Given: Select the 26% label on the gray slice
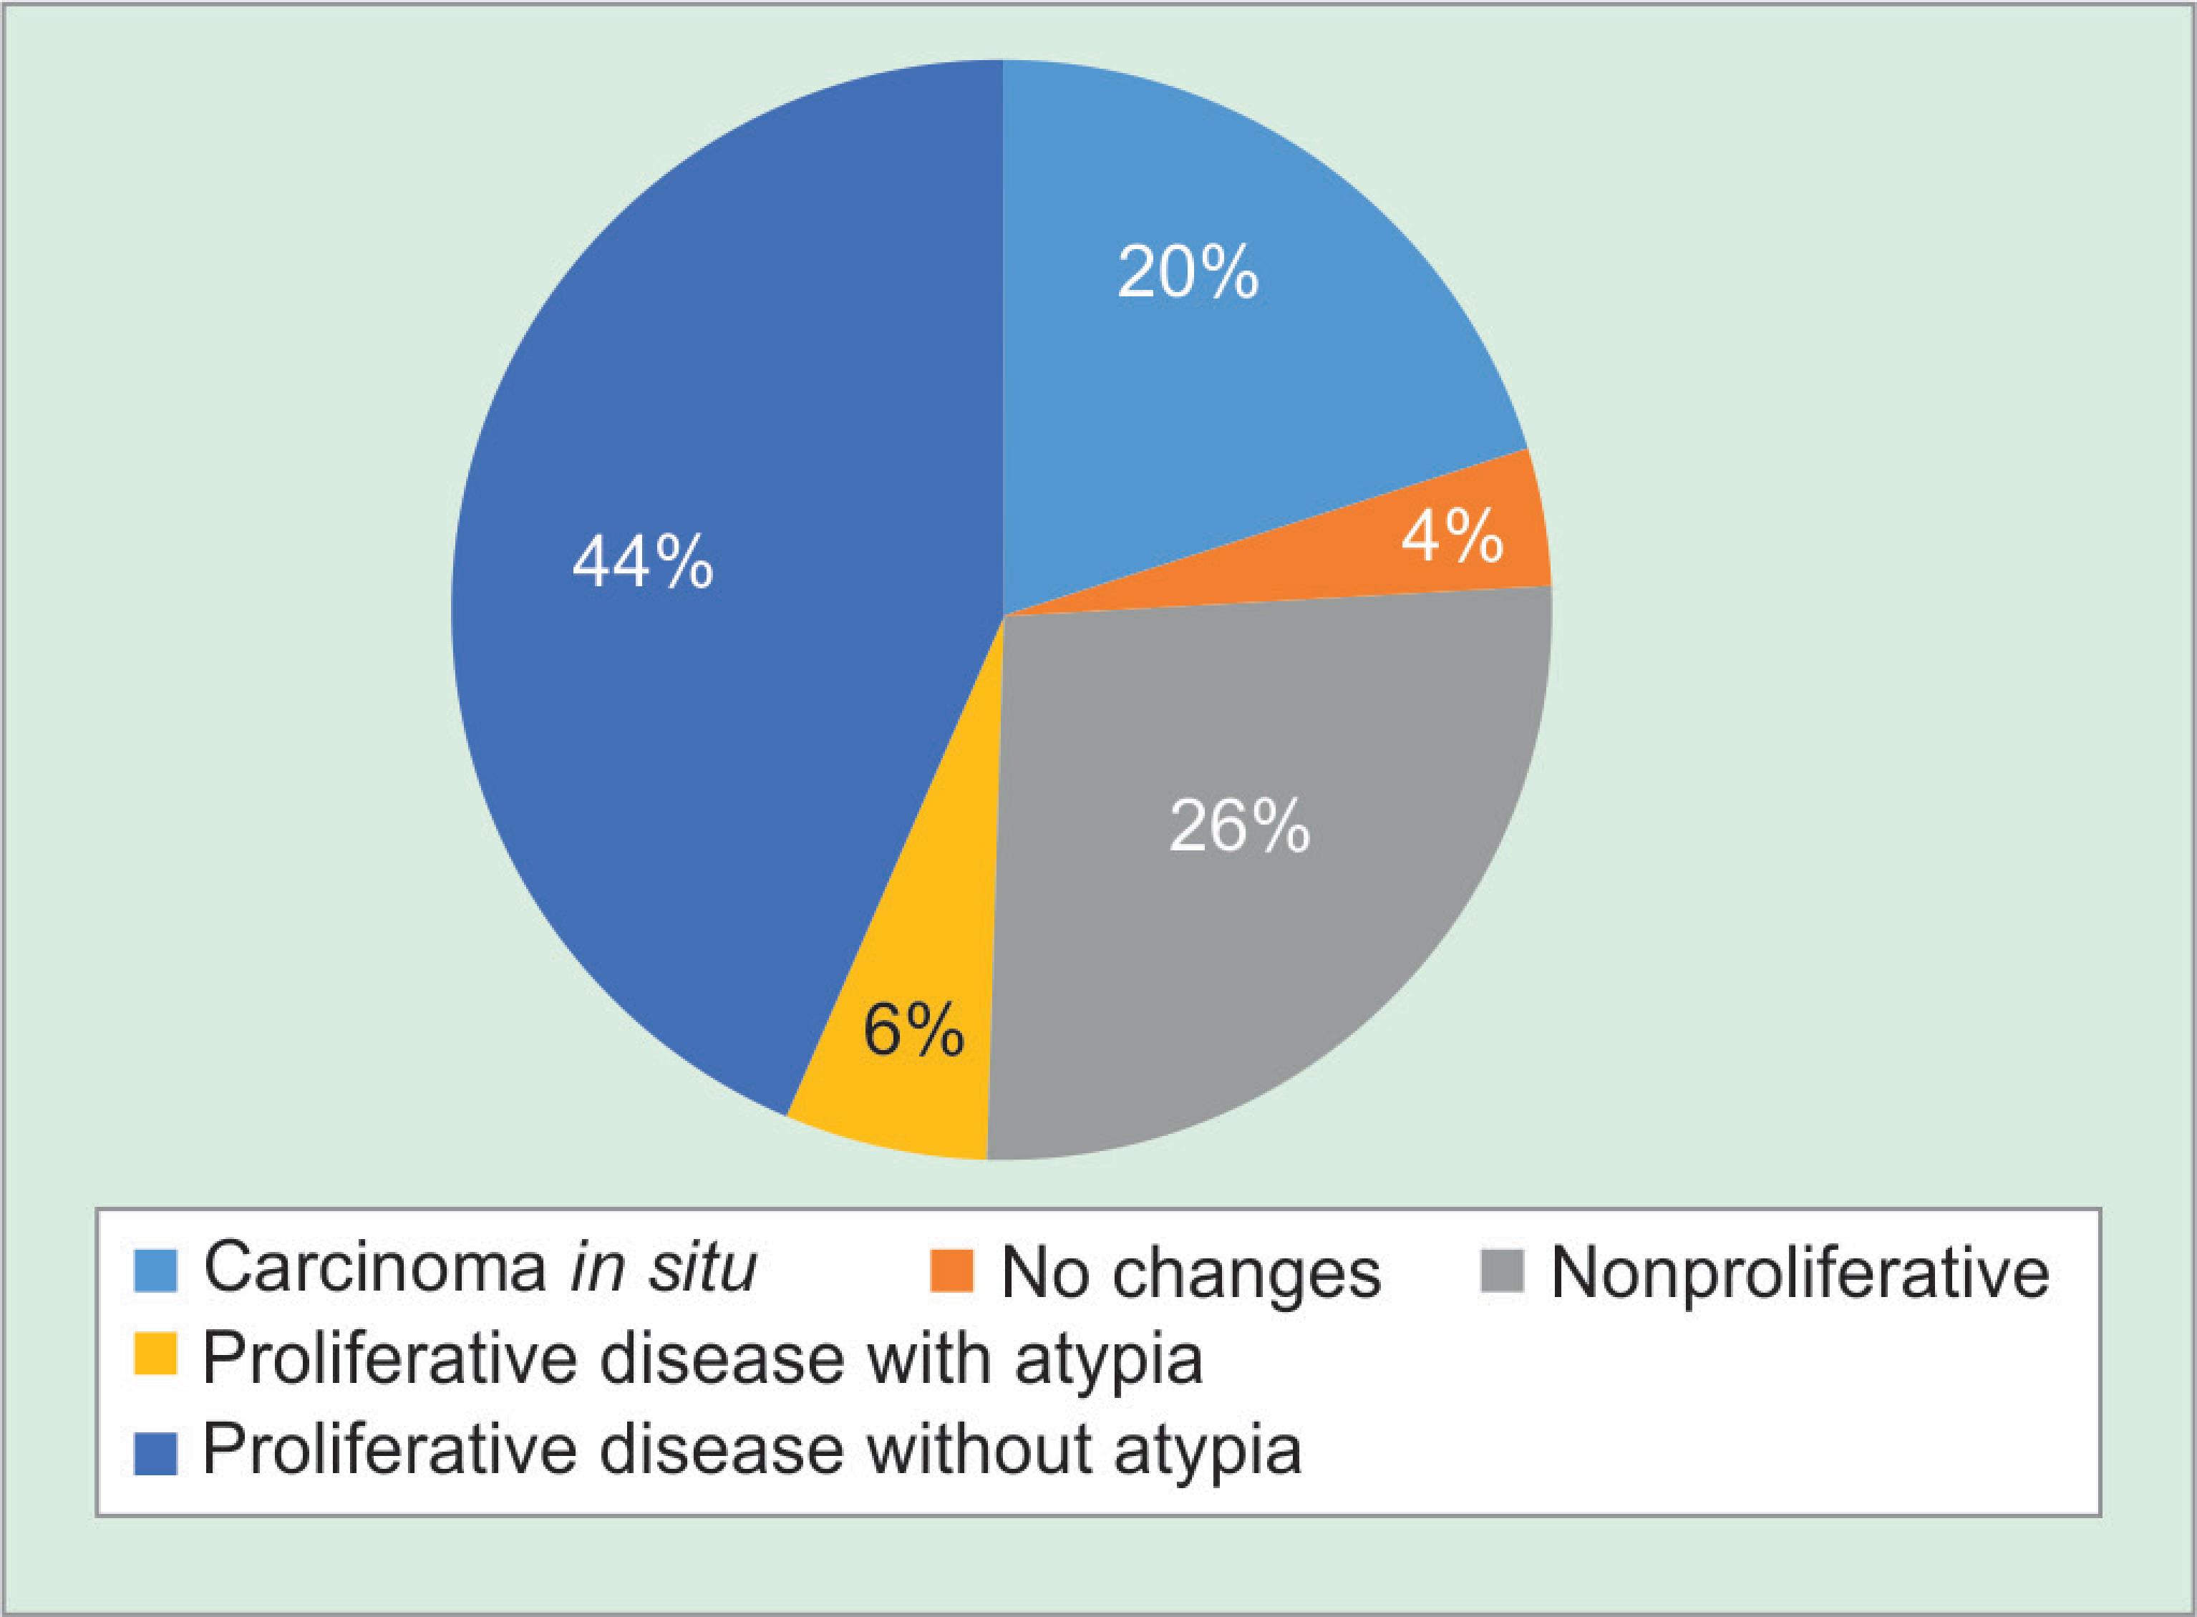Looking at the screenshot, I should pos(1239,827).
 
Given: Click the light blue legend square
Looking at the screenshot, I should pos(155,1271).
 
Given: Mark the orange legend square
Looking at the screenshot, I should pos(951,1271).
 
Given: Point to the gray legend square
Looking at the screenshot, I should pos(1501,1271).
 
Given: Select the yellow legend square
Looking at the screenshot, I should pos(155,1356).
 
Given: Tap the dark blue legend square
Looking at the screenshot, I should pos(155,1452).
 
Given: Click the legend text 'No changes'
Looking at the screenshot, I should pos(1190,1273).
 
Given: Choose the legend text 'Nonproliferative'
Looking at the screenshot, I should pos(1800,1273).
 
